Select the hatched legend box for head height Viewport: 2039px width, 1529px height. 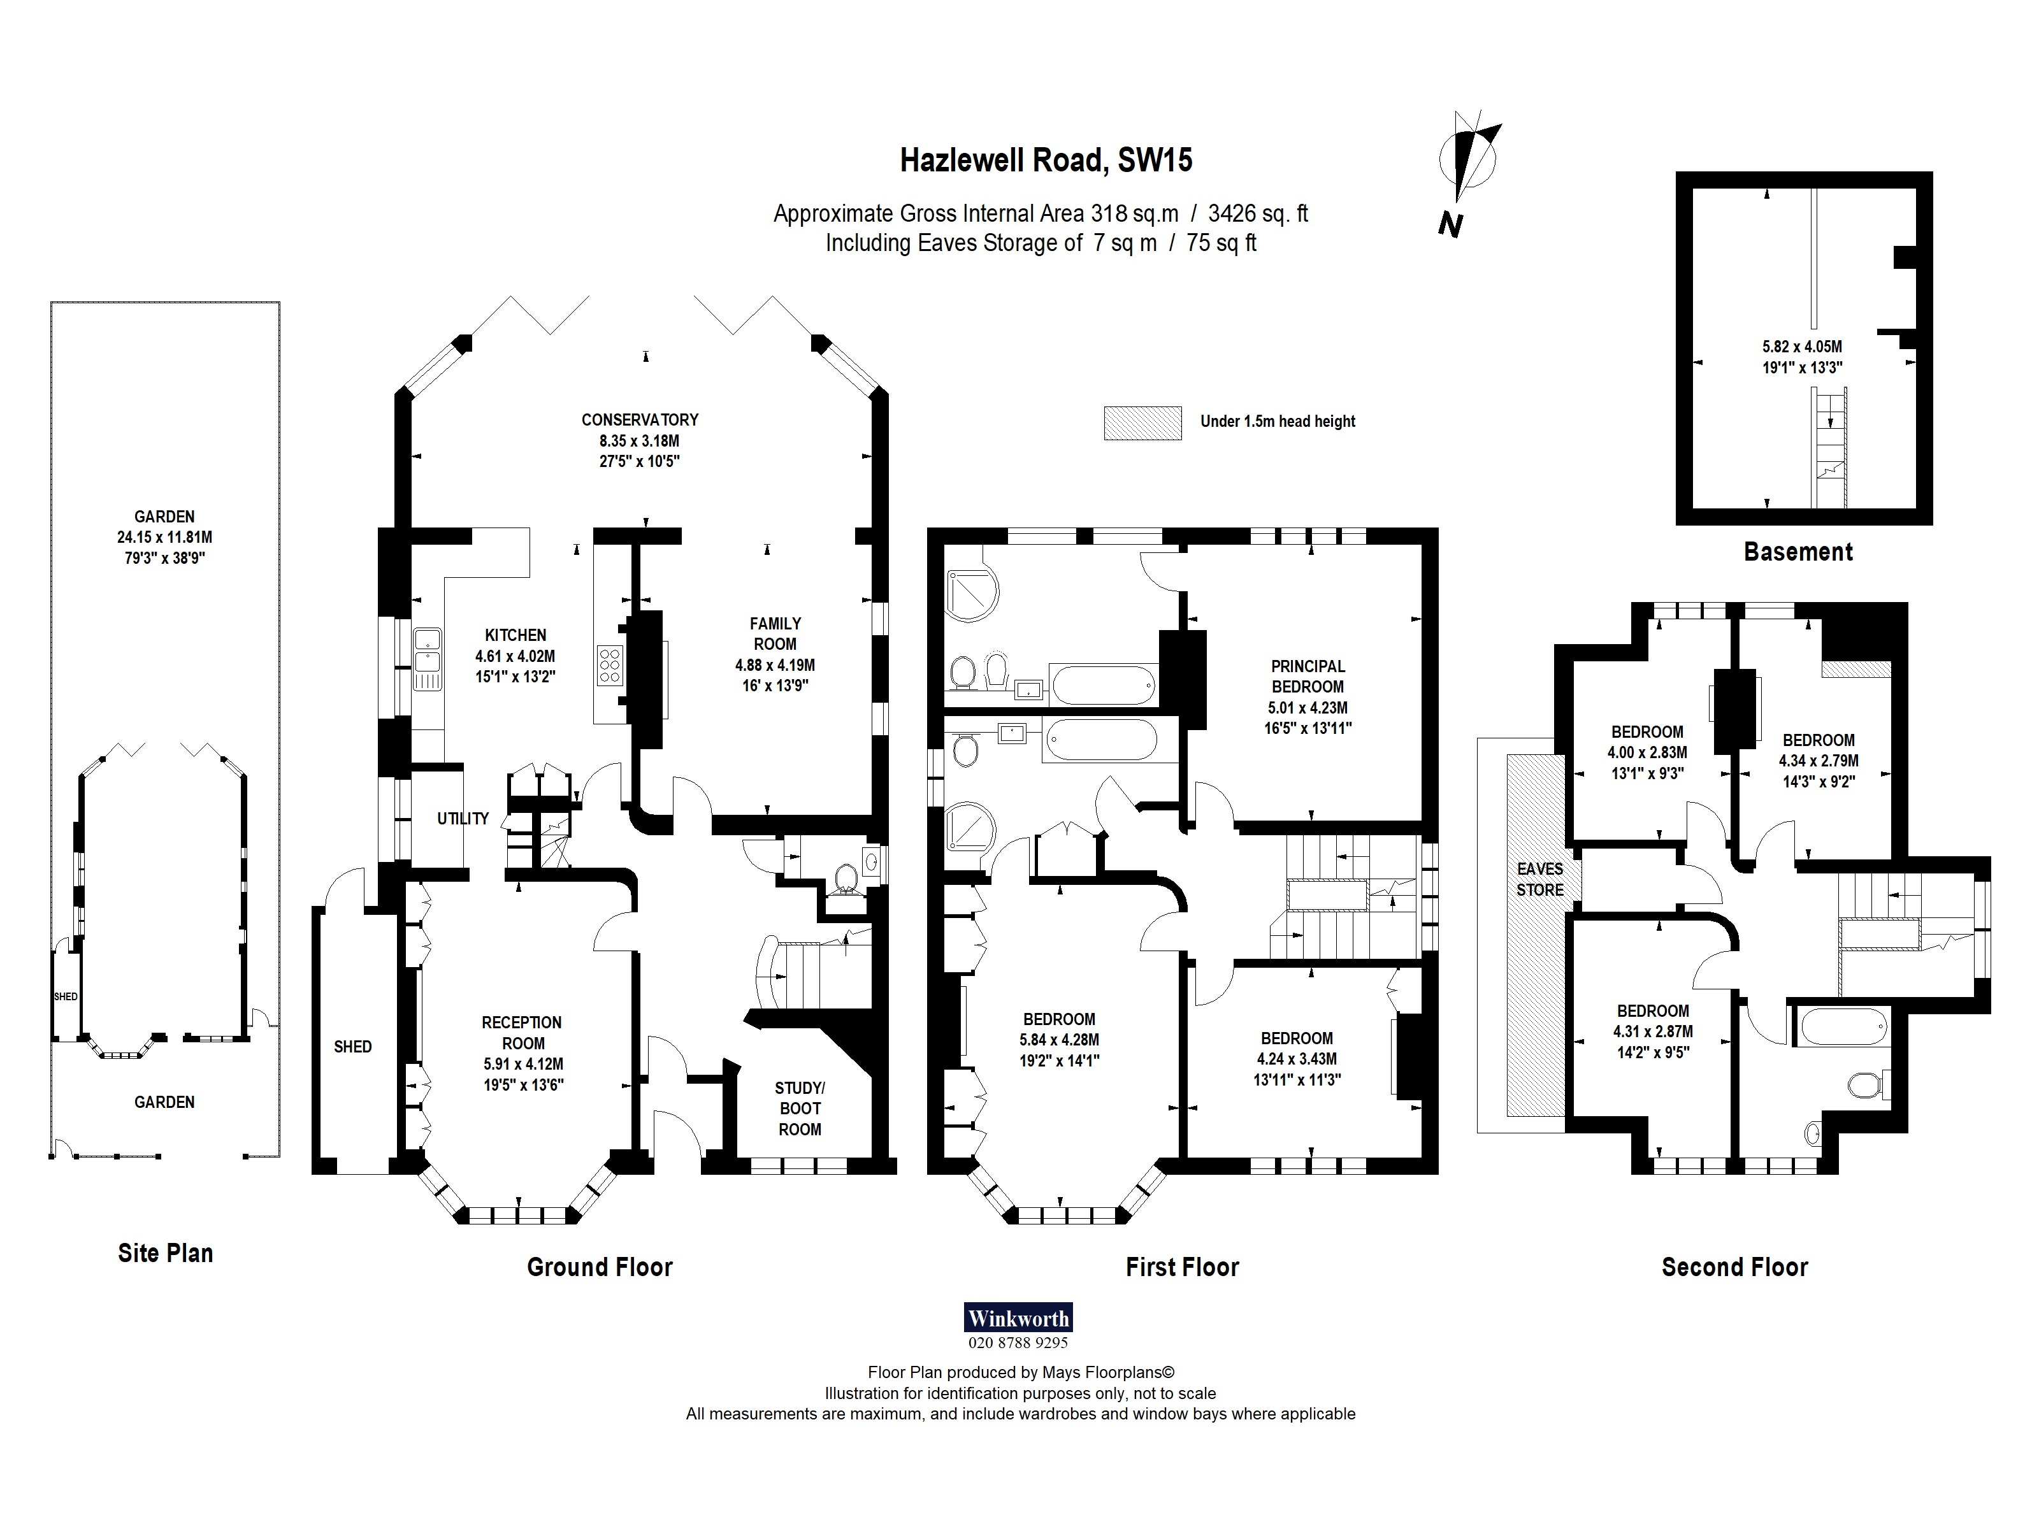[x=1142, y=423]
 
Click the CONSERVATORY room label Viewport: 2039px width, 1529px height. [x=640, y=419]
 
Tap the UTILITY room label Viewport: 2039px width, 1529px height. [x=463, y=819]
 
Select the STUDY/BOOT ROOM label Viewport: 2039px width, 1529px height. [x=799, y=1109]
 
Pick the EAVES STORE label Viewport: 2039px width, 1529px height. [x=1539, y=879]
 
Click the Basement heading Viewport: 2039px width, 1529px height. [x=1798, y=552]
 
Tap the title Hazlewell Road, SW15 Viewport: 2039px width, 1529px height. [x=1046, y=161]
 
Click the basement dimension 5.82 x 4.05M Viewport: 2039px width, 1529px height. [x=1801, y=347]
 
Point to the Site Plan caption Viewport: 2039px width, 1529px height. [x=165, y=1253]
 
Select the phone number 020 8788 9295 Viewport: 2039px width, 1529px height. [x=1018, y=1343]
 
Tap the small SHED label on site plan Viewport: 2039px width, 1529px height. [x=66, y=996]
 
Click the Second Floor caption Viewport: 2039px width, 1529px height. [x=1734, y=1267]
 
